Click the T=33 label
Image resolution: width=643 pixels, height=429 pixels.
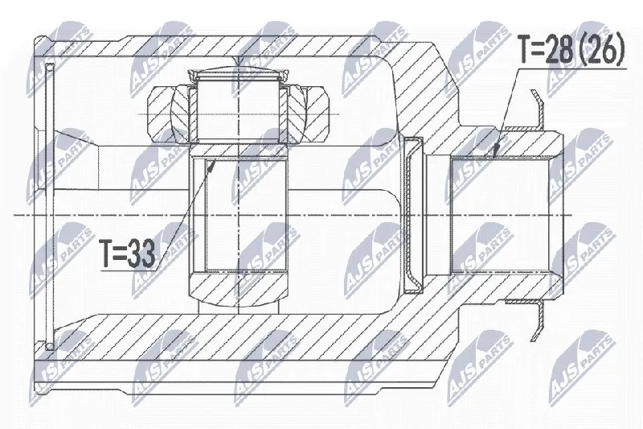point(128,253)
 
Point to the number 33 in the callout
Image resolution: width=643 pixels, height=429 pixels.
point(141,253)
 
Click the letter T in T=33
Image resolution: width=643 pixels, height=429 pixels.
point(107,253)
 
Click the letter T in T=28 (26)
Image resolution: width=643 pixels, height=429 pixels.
point(526,49)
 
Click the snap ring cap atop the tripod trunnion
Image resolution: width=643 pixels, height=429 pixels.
point(238,76)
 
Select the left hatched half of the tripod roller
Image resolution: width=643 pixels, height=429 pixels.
point(168,114)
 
